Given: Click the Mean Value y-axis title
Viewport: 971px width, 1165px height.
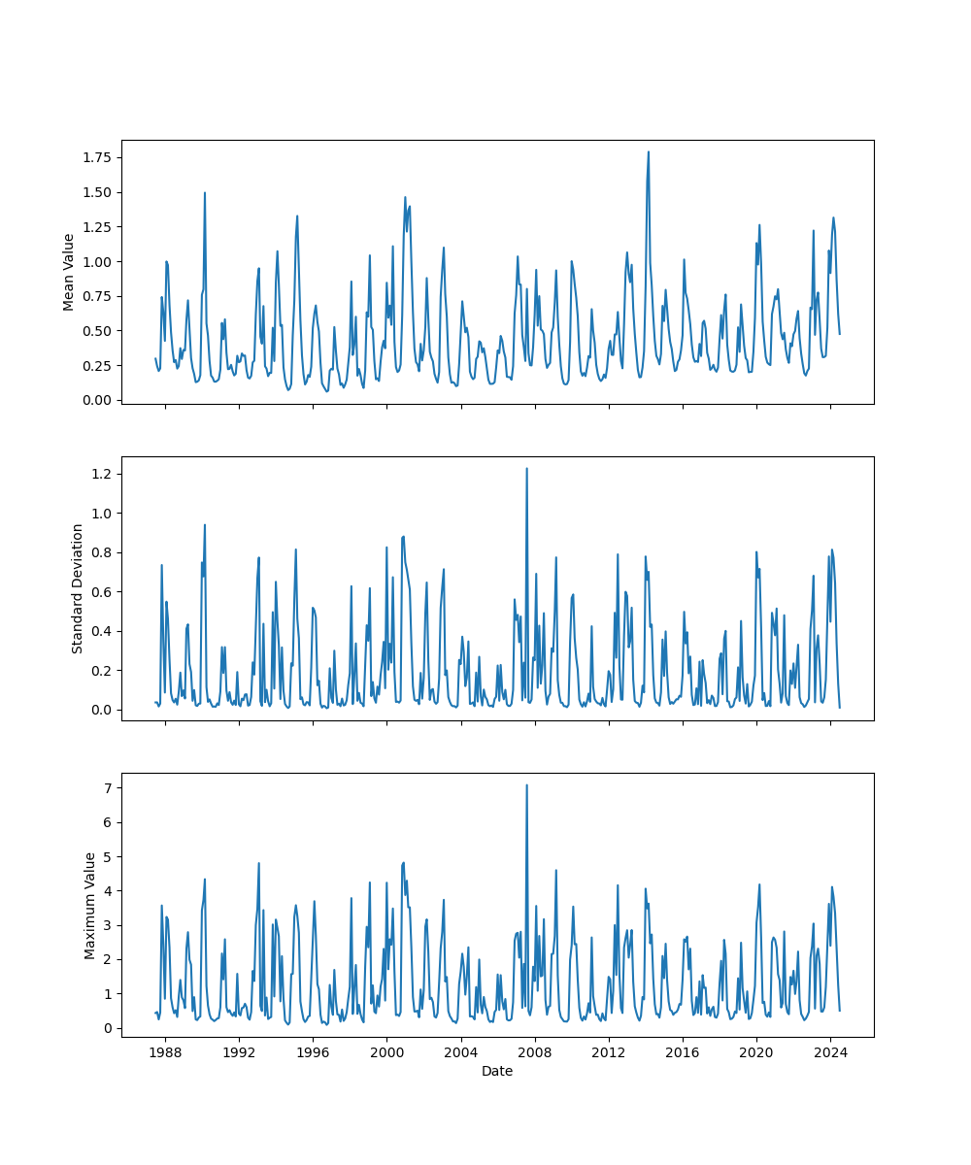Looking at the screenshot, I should click(x=69, y=272).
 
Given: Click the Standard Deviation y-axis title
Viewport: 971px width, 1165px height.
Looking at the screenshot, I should click(x=78, y=588).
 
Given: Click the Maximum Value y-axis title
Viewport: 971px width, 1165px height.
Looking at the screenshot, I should click(x=90, y=905).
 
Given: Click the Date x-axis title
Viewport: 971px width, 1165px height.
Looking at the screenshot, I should click(x=497, y=1072).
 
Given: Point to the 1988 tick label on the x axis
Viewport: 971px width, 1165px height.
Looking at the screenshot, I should click(x=165, y=1052).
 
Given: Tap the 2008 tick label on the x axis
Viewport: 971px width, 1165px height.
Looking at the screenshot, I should click(x=534, y=1052).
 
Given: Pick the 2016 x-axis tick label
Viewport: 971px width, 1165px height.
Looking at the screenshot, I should click(x=683, y=1052).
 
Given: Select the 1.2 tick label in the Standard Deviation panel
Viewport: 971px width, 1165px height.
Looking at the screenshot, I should click(x=101, y=474).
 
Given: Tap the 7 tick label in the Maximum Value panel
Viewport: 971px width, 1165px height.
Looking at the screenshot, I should click(x=109, y=788).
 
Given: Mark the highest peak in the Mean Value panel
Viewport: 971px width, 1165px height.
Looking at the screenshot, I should click(x=649, y=151).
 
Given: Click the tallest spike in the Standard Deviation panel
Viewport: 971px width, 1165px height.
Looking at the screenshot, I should click(x=526, y=469).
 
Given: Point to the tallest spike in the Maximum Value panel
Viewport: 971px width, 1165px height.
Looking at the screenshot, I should click(x=526, y=785).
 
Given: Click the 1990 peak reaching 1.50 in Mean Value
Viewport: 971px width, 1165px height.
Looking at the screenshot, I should click(x=205, y=192).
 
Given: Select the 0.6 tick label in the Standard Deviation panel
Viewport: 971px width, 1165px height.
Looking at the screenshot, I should click(x=101, y=591).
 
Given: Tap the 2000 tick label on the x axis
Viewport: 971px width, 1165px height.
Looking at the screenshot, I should click(x=386, y=1052).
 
